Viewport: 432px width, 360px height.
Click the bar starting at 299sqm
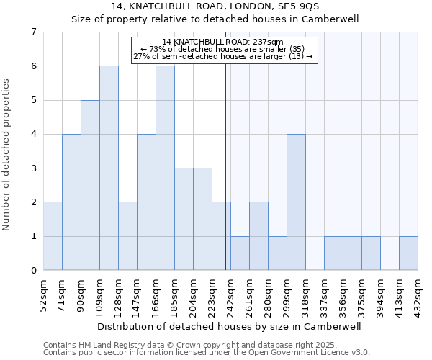(296, 202)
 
